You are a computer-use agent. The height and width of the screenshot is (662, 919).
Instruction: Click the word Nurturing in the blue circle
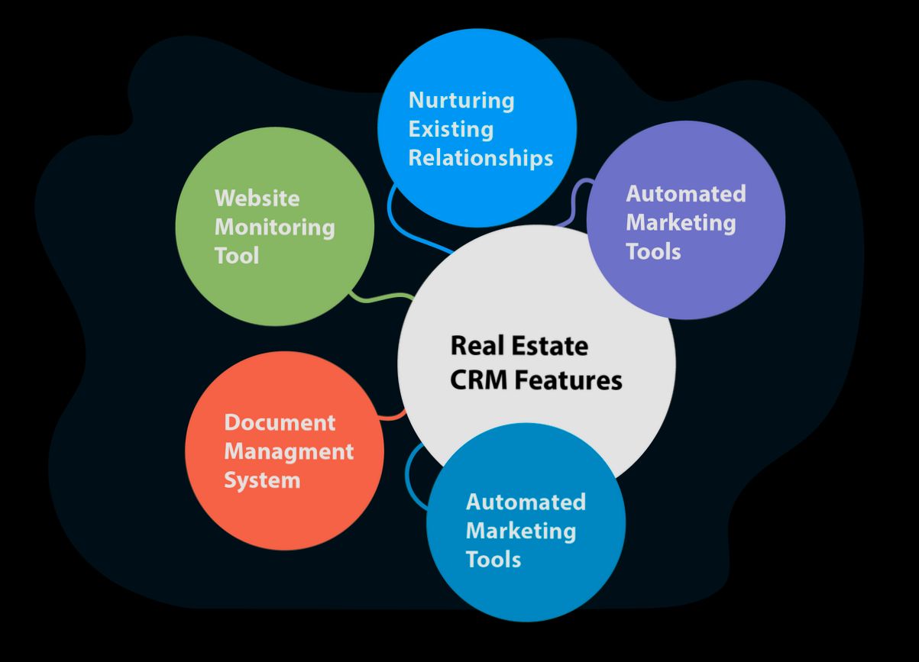coord(461,101)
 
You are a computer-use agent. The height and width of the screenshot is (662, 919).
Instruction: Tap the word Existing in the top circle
coord(450,129)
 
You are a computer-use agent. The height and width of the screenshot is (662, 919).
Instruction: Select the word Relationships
coord(481,158)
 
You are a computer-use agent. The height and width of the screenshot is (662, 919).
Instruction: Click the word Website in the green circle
coord(257,199)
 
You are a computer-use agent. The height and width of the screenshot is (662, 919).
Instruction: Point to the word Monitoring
coord(274,228)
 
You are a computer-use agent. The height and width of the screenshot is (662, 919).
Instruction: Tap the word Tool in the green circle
coord(236,256)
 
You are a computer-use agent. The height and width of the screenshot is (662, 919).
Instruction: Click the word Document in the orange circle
coord(279,422)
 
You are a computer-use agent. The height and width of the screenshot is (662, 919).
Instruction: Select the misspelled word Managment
coord(288,451)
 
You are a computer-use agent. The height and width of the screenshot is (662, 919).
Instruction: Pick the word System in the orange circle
coord(261,480)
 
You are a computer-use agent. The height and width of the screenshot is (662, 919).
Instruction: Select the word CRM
coord(475,379)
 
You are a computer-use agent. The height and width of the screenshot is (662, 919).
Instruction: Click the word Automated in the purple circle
coord(685,194)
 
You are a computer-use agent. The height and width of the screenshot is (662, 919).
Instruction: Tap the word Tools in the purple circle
coord(653,251)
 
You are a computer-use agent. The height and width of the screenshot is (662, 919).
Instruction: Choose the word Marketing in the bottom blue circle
coord(520,531)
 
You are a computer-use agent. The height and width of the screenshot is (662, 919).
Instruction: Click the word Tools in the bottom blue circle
coord(493,559)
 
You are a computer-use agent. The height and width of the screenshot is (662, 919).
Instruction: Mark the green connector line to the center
coord(382,298)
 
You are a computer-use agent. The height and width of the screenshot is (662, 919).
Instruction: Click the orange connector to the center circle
coord(394,416)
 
